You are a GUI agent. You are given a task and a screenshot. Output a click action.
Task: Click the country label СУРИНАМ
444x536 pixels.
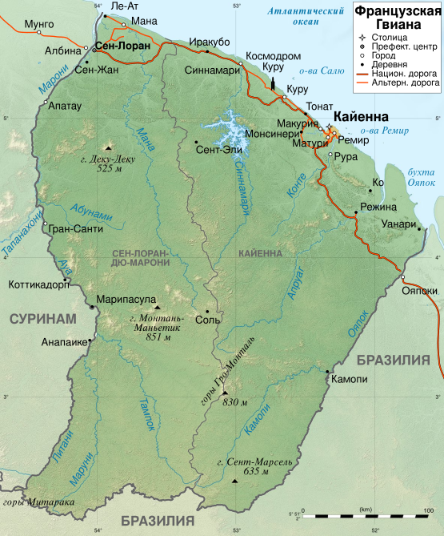coord(42,319)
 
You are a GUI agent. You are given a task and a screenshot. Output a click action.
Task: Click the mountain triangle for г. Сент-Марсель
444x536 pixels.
coord(234,481)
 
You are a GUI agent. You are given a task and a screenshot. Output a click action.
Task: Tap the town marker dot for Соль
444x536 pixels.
coord(207,311)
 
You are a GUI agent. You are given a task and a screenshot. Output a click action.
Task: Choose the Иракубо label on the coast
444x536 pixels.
coord(210,42)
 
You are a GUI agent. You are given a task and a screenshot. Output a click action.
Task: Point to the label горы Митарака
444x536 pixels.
coord(38,502)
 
